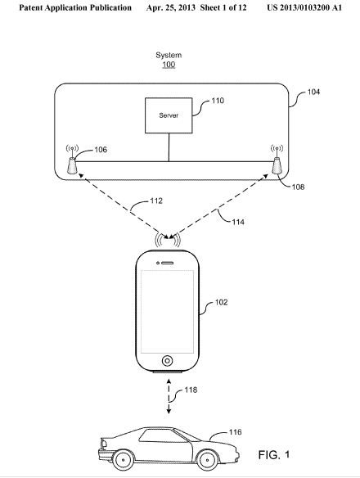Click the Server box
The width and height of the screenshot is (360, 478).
[x=169, y=115]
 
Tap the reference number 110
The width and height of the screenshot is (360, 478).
[x=218, y=101]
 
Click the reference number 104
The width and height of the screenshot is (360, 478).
[x=313, y=92]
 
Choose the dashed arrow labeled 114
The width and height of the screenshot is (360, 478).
[x=218, y=206]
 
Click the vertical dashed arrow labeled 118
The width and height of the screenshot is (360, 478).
[x=169, y=396]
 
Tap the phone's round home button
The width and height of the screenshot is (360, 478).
[x=167, y=361]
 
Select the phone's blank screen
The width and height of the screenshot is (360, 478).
[x=167, y=312]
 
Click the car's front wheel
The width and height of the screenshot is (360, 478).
[x=208, y=459]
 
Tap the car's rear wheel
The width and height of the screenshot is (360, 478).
[x=124, y=460]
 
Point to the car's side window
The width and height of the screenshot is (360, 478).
[x=163, y=435]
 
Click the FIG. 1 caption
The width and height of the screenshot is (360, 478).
[x=274, y=455]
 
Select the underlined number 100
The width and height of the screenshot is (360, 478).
[x=169, y=65]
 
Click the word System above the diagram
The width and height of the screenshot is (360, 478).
[x=169, y=55]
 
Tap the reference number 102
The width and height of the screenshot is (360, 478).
[x=221, y=302]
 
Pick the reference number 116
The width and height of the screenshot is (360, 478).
[x=236, y=432]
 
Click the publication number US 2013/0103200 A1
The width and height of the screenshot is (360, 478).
[x=304, y=7]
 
